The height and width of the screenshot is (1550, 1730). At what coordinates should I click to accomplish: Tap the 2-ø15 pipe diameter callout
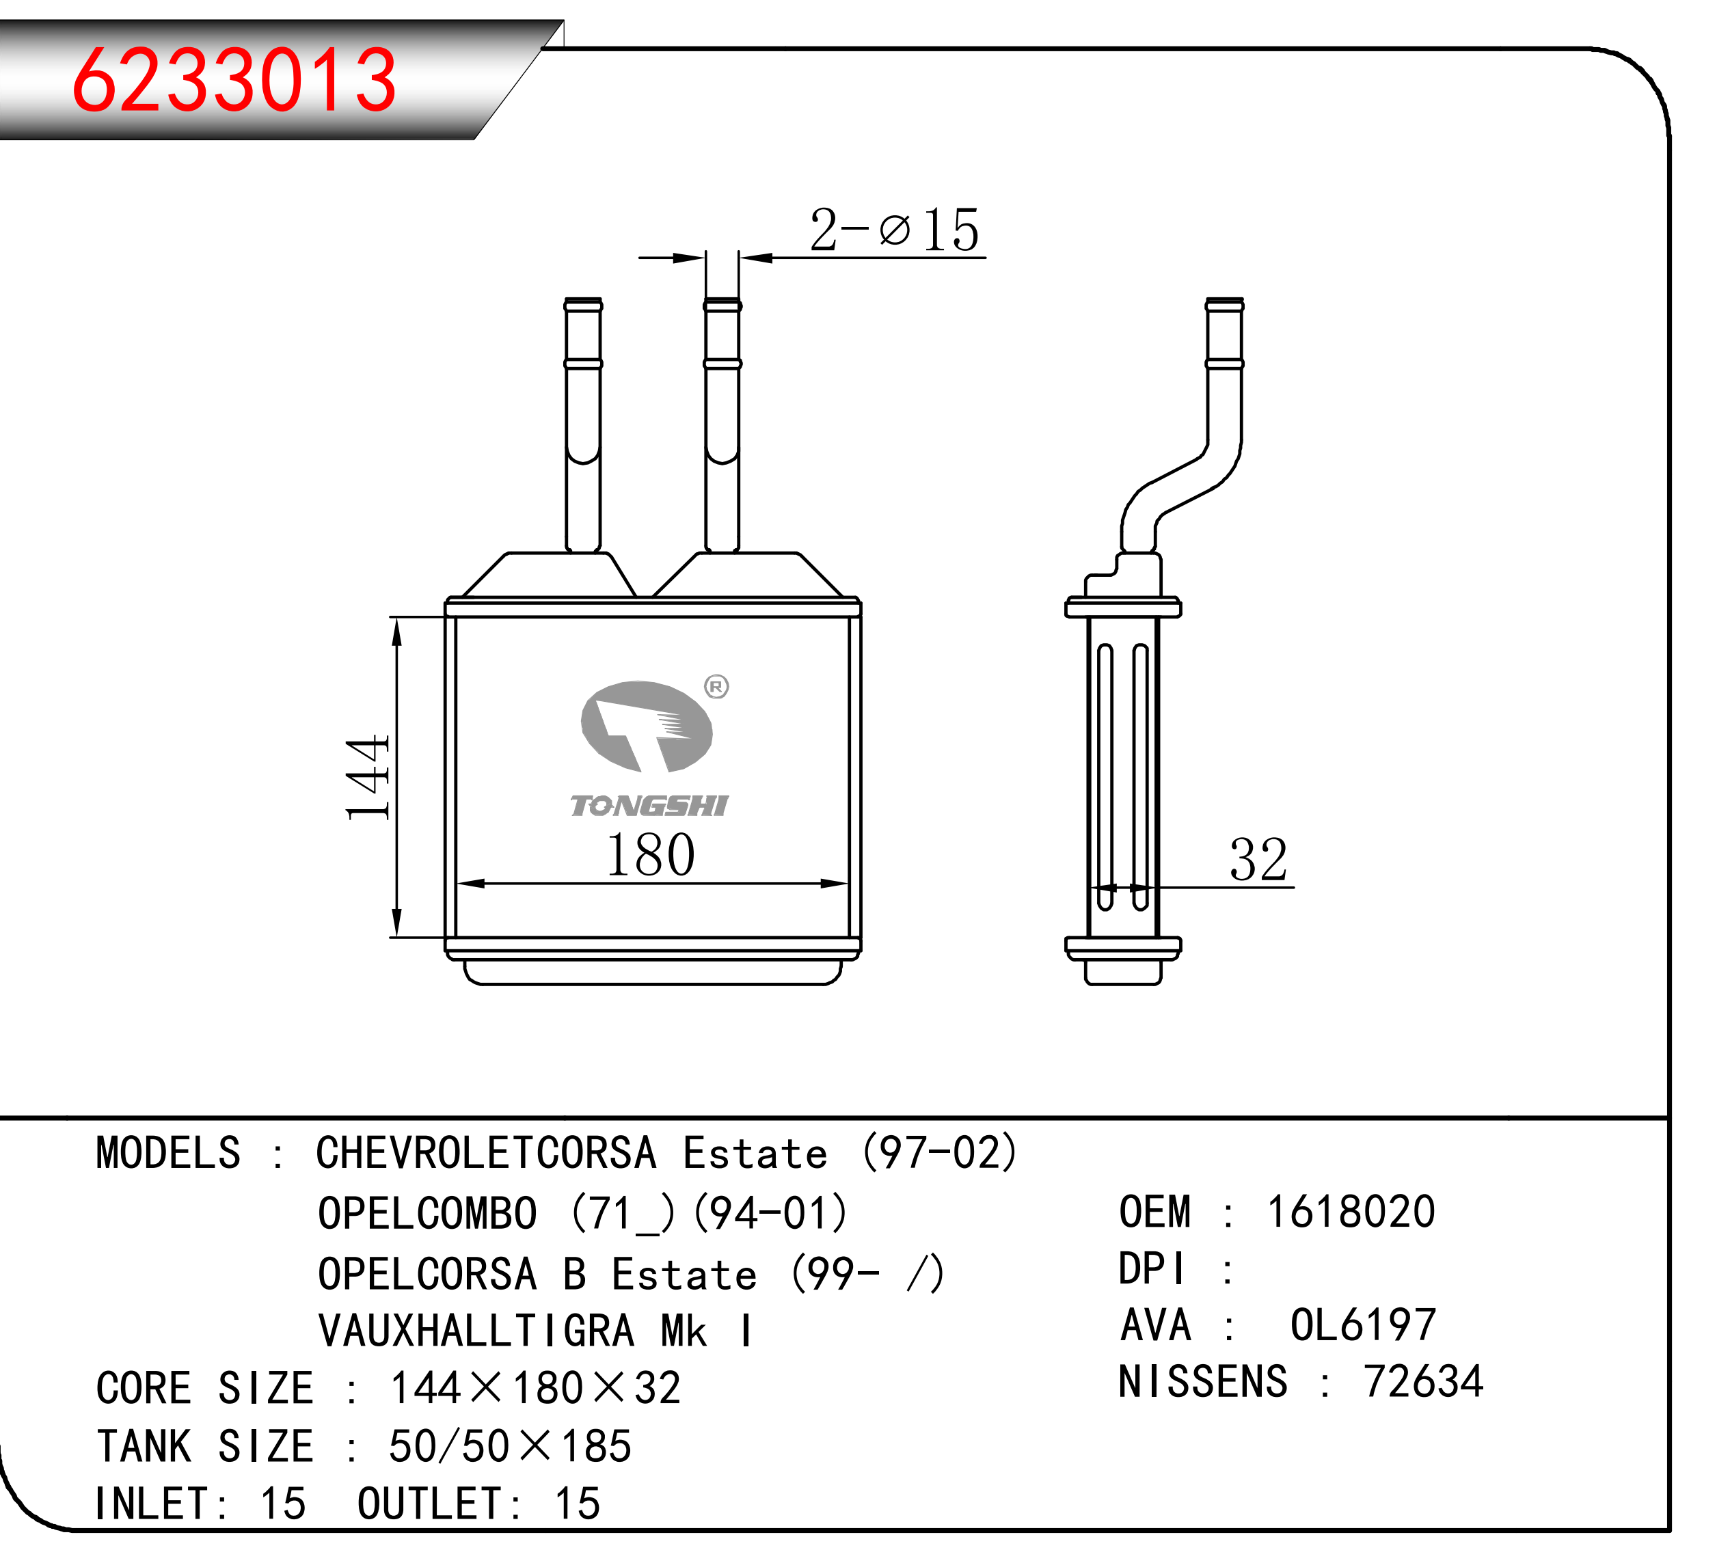click(x=894, y=230)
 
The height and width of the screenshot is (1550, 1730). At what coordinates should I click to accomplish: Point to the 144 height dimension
click(x=367, y=776)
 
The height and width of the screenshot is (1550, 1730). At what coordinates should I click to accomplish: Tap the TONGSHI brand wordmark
click(x=649, y=806)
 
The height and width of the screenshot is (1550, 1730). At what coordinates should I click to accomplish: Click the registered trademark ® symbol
click(x=716, y=686)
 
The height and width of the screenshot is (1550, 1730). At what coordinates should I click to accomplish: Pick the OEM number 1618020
click(x=1351, y=1212)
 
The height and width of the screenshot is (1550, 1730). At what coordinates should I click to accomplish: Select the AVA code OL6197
click(x=1363, y=1325)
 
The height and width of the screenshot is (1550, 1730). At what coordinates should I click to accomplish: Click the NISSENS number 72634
click(x=1423, y=1381)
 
